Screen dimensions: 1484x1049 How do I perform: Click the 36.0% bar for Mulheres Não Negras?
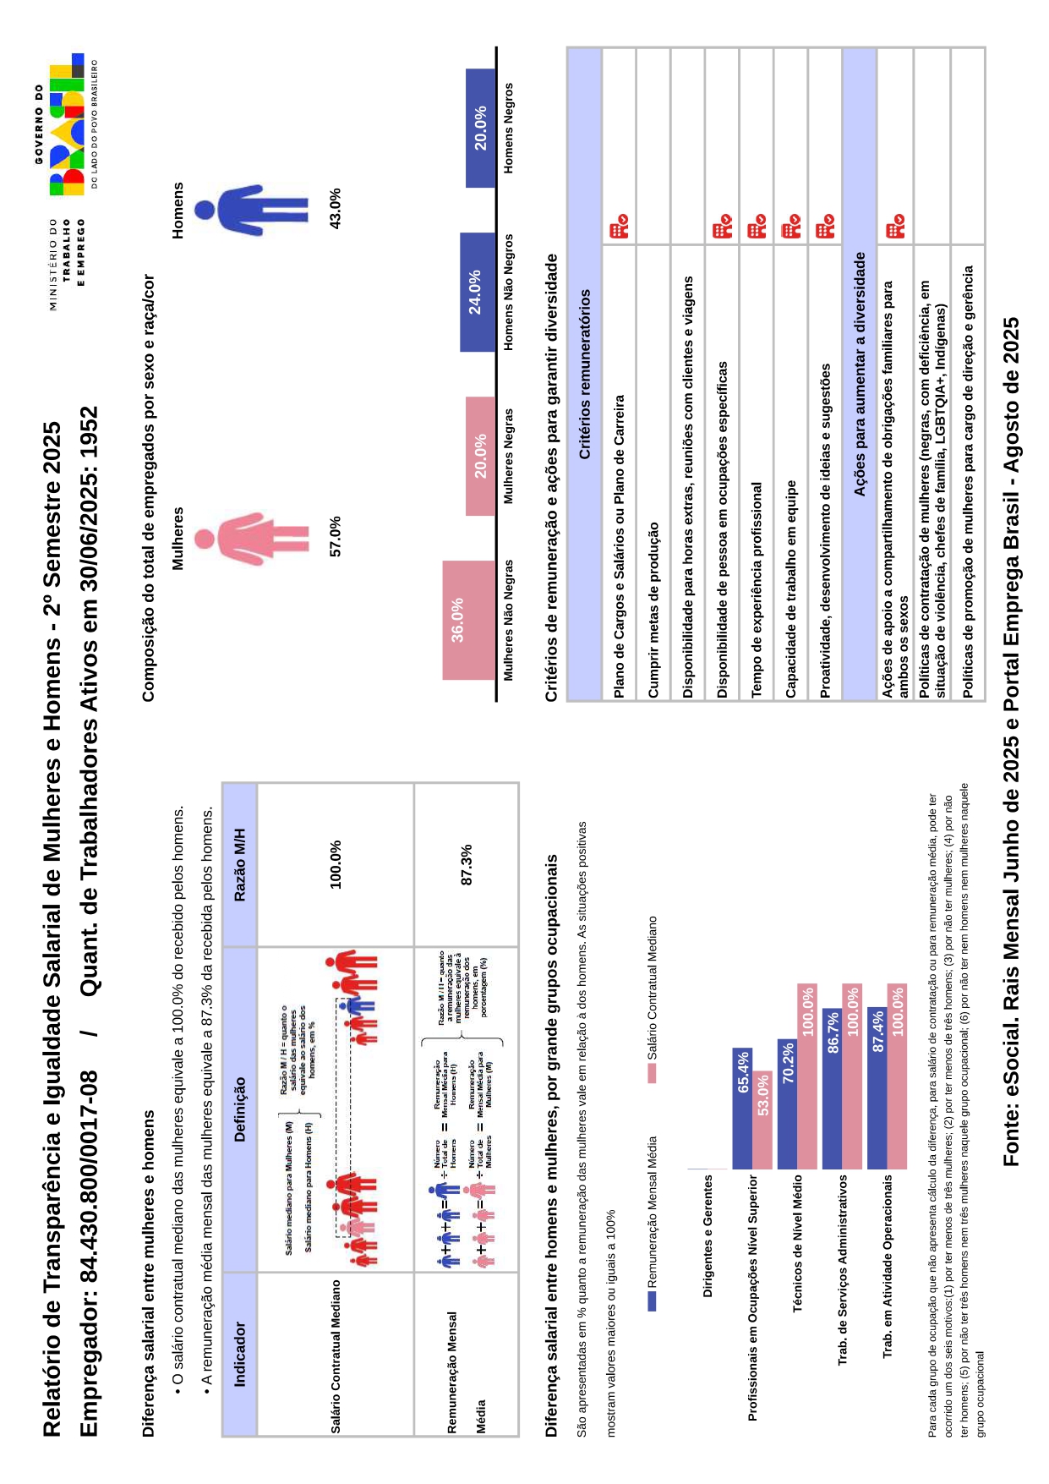point(468,620)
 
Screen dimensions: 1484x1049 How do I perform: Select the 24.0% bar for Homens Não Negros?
point(478,292)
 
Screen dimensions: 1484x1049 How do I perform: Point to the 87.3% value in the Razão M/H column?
point(466,865)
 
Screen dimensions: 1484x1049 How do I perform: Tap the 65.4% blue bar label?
point(743,1071)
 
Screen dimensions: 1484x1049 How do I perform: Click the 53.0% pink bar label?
point(763,1094)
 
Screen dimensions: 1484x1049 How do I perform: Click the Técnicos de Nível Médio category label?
point(797,1243)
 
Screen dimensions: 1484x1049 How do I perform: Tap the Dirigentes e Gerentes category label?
point(708,1235)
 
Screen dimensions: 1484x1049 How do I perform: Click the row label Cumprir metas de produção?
point(653,609)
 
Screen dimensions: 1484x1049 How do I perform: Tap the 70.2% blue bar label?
point(787,1062)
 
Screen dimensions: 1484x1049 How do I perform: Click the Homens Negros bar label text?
point(508,128)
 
